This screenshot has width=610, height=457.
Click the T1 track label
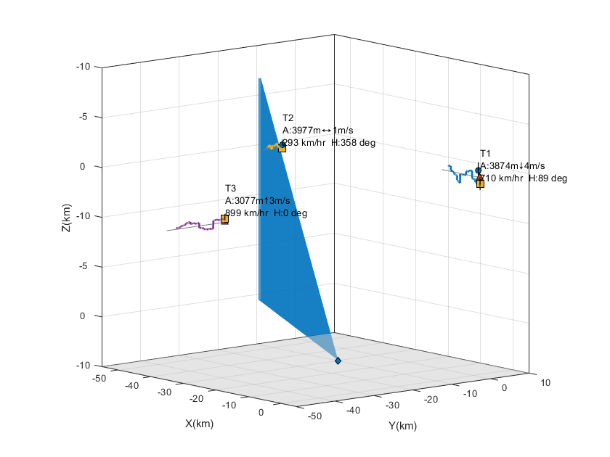tap(485, 153)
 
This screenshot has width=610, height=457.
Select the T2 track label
tap(288, 118)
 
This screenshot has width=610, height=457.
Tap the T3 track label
tap(231, 189)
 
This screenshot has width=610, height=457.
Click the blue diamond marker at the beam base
tap(338, 361)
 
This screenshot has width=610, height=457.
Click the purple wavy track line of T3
tap(196, 225)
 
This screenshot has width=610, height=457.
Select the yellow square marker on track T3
tap(224, 219)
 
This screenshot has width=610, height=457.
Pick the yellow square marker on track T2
tap(282, 147)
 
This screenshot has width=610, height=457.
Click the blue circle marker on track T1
tap(478, 170)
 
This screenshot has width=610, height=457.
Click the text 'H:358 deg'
tap(353, 143)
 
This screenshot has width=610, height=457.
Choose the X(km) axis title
tap(199, 424)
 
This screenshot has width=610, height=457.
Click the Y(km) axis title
tap(402, 426)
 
